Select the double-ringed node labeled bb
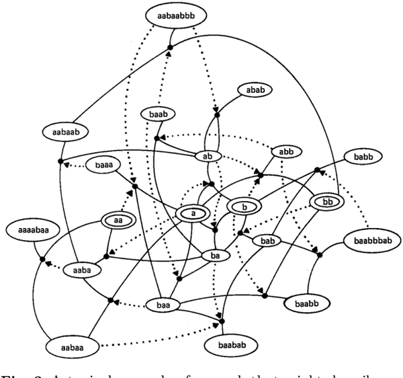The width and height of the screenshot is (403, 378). [327, 201]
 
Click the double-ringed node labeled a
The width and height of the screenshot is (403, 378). [193, 213]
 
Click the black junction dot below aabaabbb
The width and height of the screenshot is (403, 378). [170, 47]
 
